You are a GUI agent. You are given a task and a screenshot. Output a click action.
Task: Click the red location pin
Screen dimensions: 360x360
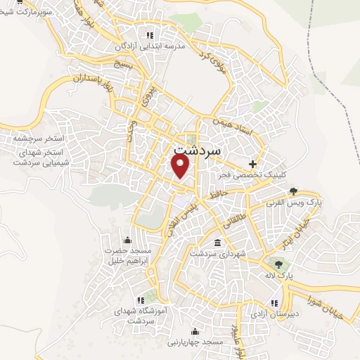tap(181, 166)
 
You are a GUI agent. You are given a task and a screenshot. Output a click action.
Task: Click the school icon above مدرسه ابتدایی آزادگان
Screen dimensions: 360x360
tap(149, 35)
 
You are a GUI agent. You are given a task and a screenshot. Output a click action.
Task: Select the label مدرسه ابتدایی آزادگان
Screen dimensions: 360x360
tap(149, 46)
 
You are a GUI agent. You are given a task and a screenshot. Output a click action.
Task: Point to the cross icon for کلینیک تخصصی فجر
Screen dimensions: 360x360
tap(252, 164)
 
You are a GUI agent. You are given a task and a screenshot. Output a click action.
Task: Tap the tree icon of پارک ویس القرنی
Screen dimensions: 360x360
tap(293, 191)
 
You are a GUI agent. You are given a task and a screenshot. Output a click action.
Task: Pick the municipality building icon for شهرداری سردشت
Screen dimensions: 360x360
tap(216, 243)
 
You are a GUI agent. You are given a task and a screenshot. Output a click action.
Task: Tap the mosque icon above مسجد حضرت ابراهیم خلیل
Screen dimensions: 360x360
tap(127, 239)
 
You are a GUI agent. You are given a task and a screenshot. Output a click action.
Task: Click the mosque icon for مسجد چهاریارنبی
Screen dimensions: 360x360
tap(195, 330)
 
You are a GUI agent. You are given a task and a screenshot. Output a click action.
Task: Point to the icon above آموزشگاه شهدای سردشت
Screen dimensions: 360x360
tap(149, 299)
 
